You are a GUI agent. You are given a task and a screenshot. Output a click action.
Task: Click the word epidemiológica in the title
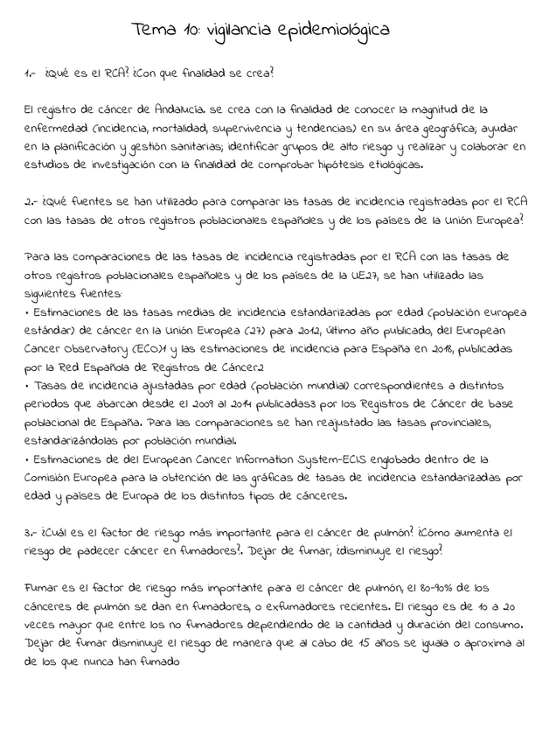[x=335, y=32]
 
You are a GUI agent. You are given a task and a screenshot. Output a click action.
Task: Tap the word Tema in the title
[x=153, y=31]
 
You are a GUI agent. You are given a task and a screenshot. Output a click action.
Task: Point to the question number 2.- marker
[x=33, y=202]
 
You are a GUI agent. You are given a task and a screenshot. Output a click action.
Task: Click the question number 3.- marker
[x=33, y=533]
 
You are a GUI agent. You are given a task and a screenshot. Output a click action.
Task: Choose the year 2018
[x=428, y=348]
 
